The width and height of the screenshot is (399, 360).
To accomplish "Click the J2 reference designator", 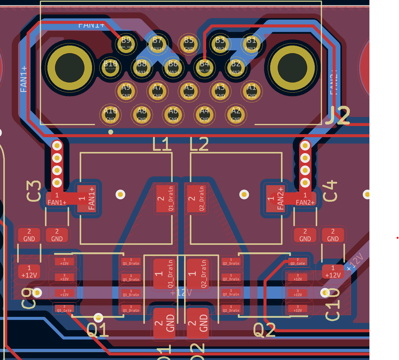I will [x=338, y=116].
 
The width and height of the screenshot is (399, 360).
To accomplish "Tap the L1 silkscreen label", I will [x=162, y=144].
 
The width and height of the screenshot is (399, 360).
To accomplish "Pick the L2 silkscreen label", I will [x=199, y=144].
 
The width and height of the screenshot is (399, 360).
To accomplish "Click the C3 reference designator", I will [x=34, y=191].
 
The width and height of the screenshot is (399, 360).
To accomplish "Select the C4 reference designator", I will [x=330, y=191].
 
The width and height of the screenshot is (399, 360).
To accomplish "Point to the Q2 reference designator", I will [x=264, y=330].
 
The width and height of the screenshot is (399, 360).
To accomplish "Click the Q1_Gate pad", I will [x=64, y=308].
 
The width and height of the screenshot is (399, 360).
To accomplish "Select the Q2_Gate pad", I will [x=298, y=261].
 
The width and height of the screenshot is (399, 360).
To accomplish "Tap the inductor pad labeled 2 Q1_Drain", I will [x=165, y=198].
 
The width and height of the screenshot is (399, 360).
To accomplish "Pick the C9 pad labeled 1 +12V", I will [x=29, y=272].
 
